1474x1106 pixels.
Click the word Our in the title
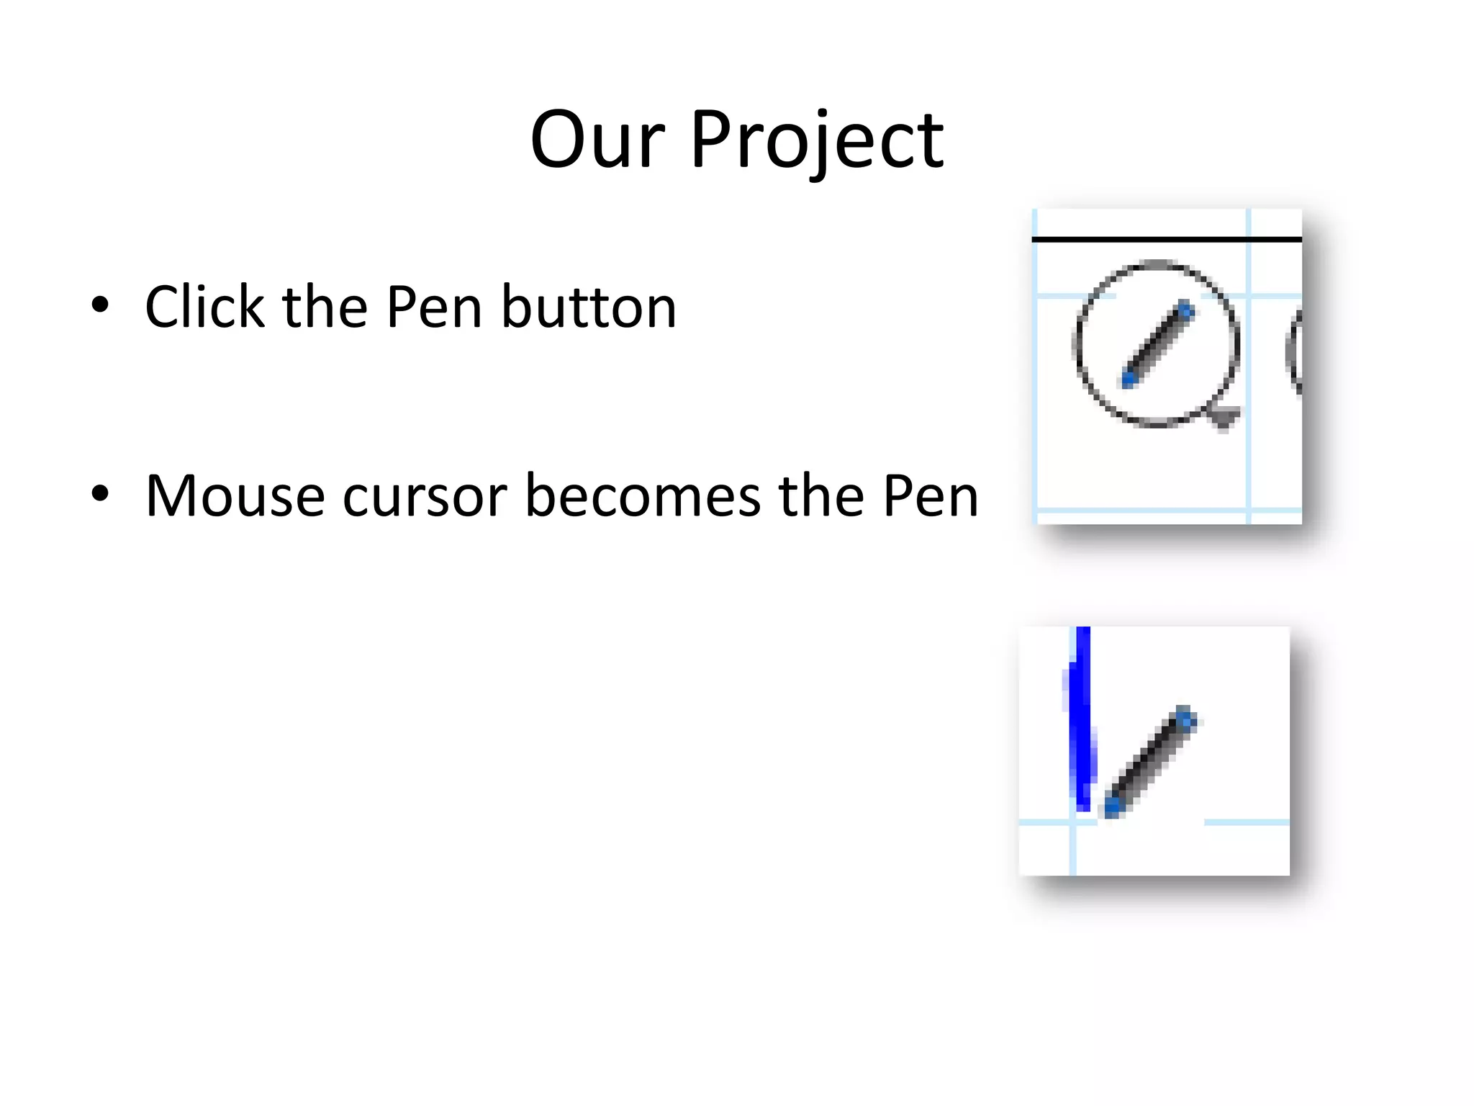pyautogui.click(x=597, y=140)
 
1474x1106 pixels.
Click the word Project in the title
pyautogui.click(x=817, y=141)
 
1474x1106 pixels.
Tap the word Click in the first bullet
pyautogui.click(x=205, y=307)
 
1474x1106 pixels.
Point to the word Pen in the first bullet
pyautogui.click(x=434, y=307)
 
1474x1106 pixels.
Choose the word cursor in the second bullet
pyautogui.click(x=425, y=496)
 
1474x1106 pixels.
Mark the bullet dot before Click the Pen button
pyautogui.click(x=101, y=305)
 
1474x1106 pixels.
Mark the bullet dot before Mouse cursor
pyautogui.click(x=101, y=494)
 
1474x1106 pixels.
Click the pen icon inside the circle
pyautogui.click(x=1158, y=345)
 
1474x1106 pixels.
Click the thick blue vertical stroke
pyautogui.click(x=1080, y=720)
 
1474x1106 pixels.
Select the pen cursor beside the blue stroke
pyautogui.click(x=1150, y=762)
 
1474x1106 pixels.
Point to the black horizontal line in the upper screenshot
pyautogui.click(x=1166, y=238)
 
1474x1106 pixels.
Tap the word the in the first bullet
pyautogui.click(x=325, y=307)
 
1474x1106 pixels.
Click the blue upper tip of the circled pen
pyautogui.click(x=1185, y=312)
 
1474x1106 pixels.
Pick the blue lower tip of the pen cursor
pyautogui.click(x=1113, y=806)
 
